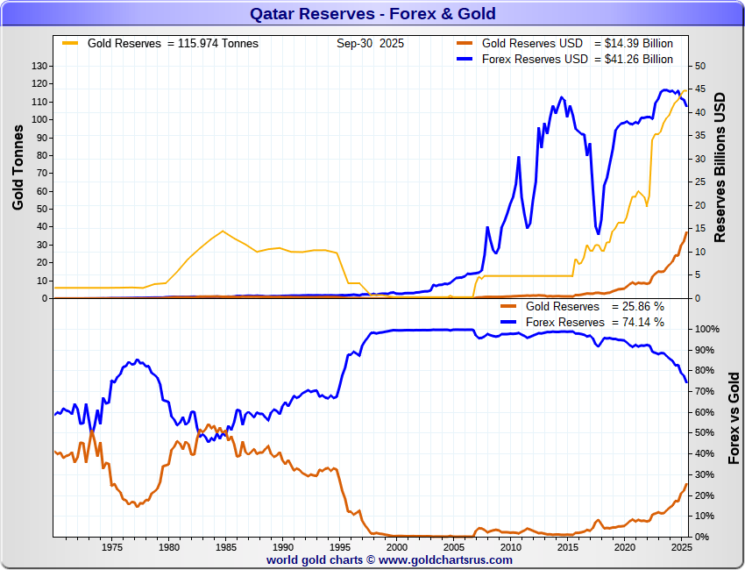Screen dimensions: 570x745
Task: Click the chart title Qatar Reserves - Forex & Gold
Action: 372,13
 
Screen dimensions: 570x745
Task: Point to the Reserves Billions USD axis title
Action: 720,167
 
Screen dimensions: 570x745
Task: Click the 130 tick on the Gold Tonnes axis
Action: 39,66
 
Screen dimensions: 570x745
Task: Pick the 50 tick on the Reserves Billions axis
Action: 700,66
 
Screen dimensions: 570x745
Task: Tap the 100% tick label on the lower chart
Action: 706,329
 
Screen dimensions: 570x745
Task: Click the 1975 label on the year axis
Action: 112,547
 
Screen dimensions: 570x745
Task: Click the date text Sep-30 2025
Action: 370,43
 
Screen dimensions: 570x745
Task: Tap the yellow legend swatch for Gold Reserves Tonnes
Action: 70,43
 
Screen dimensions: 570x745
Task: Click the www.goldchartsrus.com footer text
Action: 446,559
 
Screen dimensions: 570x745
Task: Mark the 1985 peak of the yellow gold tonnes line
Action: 223,231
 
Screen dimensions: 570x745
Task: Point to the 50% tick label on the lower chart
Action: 704,433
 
